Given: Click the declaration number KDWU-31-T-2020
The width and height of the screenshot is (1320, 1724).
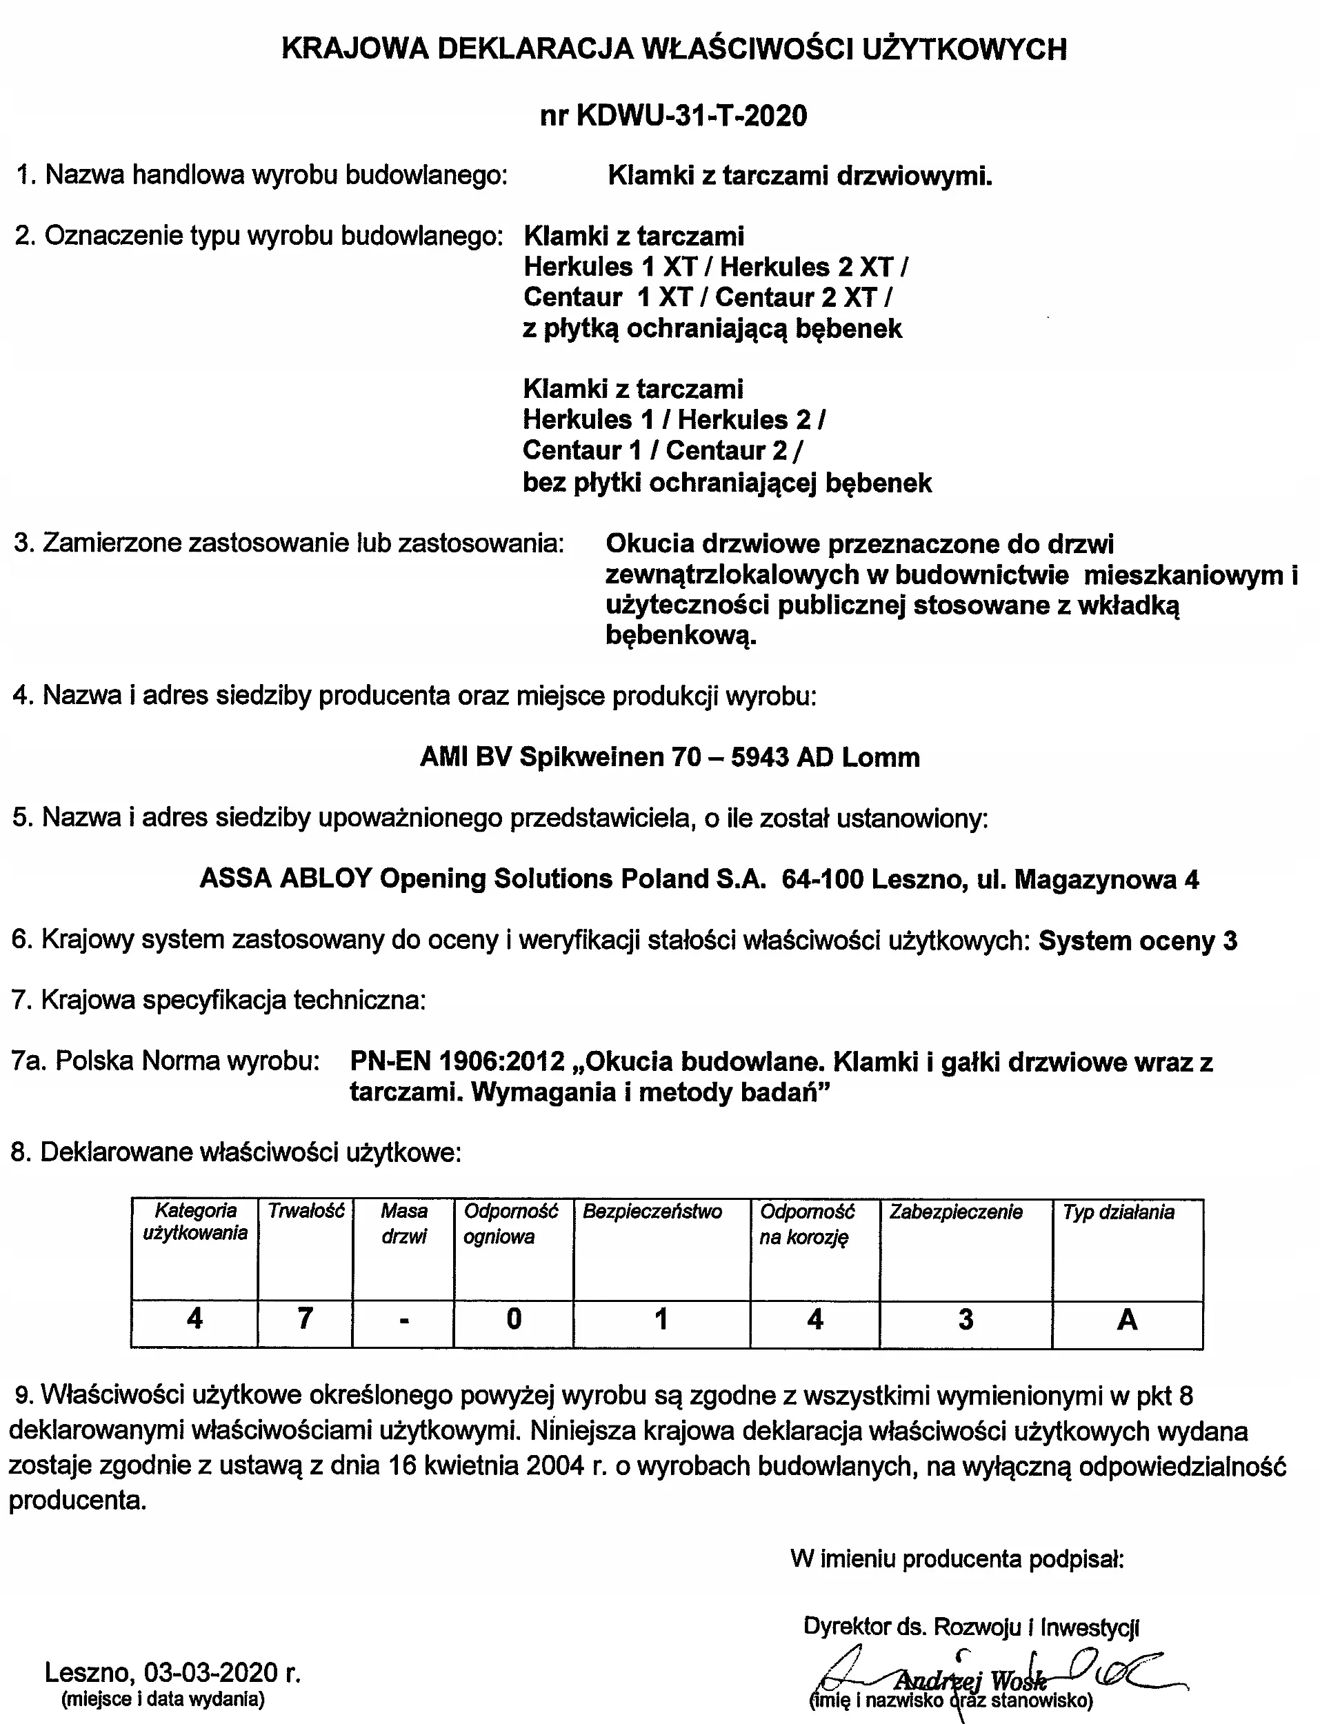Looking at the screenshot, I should (692, 115).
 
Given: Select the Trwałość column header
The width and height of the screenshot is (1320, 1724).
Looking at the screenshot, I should (306, 1210).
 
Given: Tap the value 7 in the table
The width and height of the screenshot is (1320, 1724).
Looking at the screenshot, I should (306, 1317).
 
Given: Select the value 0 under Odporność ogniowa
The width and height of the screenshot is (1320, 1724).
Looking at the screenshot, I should (514, 1319).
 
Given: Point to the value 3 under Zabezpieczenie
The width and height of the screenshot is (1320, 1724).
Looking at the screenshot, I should (966, 1319).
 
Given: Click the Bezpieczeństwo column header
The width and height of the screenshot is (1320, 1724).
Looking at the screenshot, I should (652, 1211).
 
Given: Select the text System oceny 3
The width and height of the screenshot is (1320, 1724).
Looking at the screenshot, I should (1138, 940).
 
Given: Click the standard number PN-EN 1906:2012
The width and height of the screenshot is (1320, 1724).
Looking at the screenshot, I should (457, 1061).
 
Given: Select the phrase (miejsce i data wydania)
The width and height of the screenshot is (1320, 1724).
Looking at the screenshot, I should (163, 1699).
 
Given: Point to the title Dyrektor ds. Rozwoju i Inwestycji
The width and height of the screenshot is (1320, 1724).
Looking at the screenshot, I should (971, 1626).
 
